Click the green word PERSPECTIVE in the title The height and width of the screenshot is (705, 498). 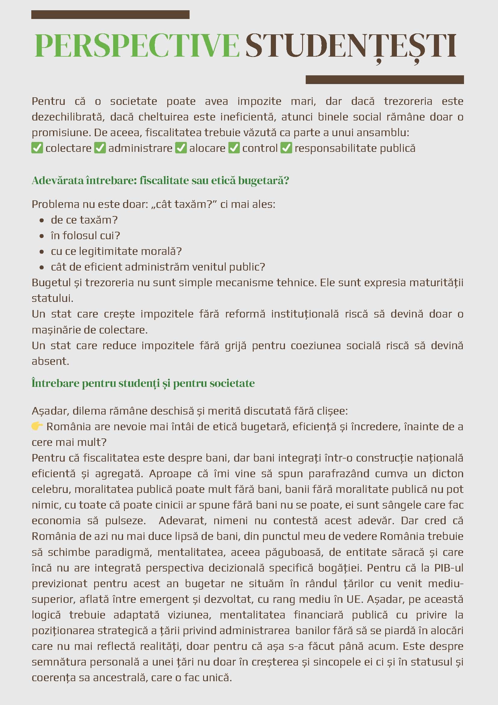[137, 46]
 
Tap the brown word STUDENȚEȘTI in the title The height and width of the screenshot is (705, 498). [351, 46]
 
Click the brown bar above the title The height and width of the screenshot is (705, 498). [110, 15]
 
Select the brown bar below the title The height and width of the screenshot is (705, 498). [385, 80]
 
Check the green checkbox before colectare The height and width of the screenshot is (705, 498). [37, 148]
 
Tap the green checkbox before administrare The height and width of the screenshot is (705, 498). [100, 148]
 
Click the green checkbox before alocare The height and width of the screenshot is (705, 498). [181, 148]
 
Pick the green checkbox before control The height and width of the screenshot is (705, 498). [234, 148]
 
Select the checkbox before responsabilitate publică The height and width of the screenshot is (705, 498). [286, 148]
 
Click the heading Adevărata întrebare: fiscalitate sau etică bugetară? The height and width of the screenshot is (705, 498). [160, 180]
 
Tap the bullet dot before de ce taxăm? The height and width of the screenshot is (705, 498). [42, 220]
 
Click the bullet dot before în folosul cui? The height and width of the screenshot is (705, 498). [42, 236]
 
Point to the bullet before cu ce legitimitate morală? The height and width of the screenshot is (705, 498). [42, 252]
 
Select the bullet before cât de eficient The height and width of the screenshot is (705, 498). [42, 267]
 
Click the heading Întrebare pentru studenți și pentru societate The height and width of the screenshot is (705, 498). [143, 383]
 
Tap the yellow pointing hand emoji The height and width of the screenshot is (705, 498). [37, 426]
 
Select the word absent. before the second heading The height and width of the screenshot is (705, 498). [50, 361]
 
